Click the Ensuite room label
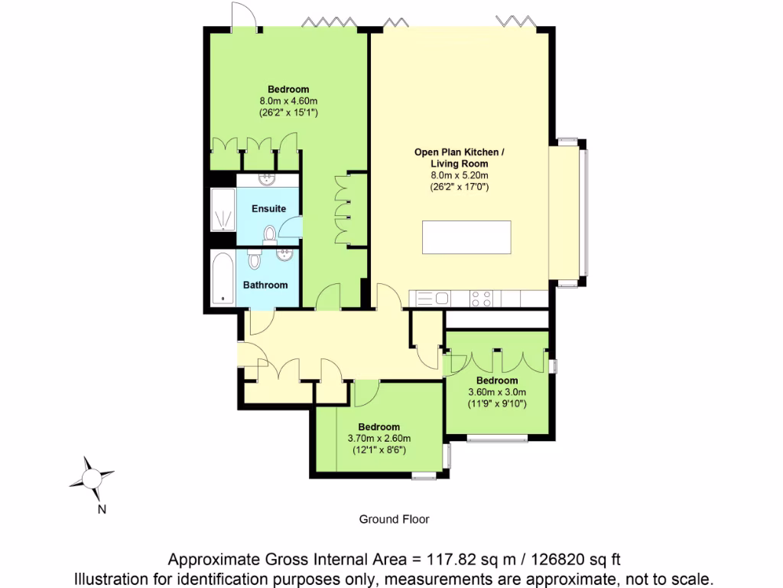click(268, 208)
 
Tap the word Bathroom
click(265, 285)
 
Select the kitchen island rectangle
click(466, 237)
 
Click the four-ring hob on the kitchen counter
click(481, 299)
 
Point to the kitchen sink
click(434, 299)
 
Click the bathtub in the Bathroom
click(223, 277)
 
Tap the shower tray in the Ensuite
click(223, 209)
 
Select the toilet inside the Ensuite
click(269, 234)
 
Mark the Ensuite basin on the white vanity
click(267, 180)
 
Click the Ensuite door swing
click(291, 227)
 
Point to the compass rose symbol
click(92, 478)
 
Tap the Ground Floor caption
click(394, 519)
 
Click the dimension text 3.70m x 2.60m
click(379, 439)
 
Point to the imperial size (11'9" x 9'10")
click(497, 403)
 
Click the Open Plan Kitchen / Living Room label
click(460, 158)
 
